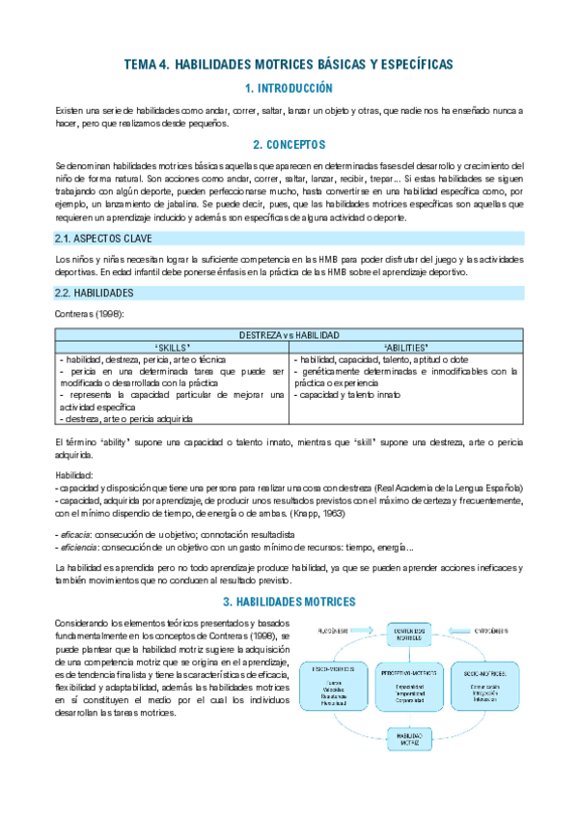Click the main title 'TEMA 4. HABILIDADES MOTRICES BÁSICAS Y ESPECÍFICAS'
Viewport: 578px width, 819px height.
click(x=289, y=65)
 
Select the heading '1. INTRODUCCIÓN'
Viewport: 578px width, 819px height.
click(x=289, y=88)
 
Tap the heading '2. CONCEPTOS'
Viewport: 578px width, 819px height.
click(x=289, y=145)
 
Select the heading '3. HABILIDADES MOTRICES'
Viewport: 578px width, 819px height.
click(x=289, y=602)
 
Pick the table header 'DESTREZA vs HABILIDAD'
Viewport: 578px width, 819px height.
click(x=289, y=335)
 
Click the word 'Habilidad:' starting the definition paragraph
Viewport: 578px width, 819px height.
click(x=74, y=474)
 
